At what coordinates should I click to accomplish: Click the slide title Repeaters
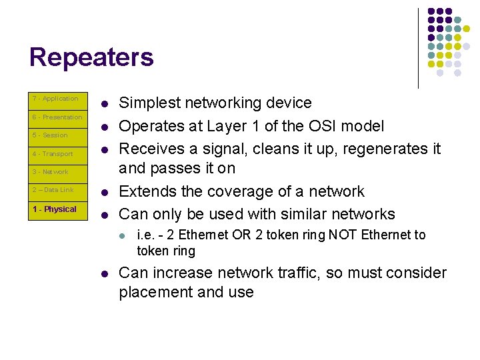(91, 58)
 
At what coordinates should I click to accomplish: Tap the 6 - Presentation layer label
(57, 117)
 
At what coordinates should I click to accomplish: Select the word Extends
(145, 192)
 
